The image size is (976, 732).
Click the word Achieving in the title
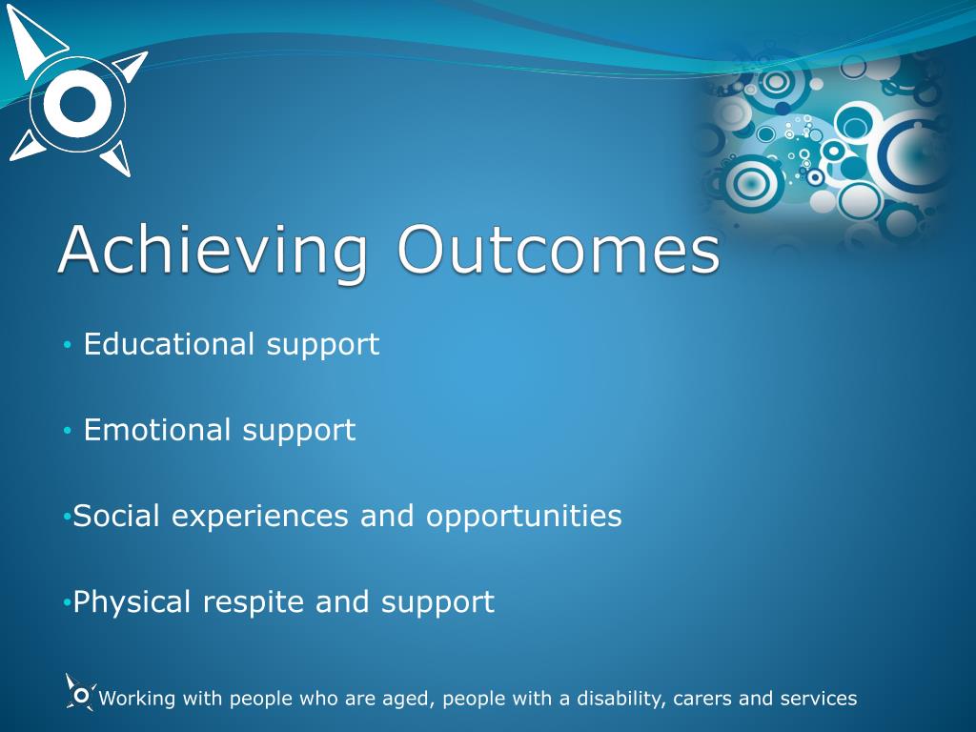pos(213,252)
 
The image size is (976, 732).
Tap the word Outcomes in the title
pos(559,249)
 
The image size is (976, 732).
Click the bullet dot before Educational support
pos(68,345)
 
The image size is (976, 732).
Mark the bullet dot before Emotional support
pos(68,431)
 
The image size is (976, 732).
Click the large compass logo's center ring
pos(78,104)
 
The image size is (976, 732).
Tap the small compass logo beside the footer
pos(81,693)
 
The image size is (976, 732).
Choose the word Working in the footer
pos(137,700)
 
